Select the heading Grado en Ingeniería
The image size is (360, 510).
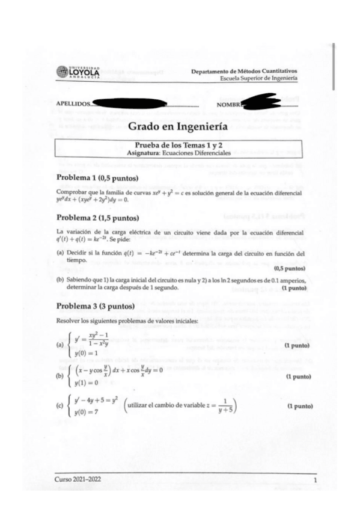177,127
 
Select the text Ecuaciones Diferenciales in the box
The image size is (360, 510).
201,153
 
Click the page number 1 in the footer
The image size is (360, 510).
314,482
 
